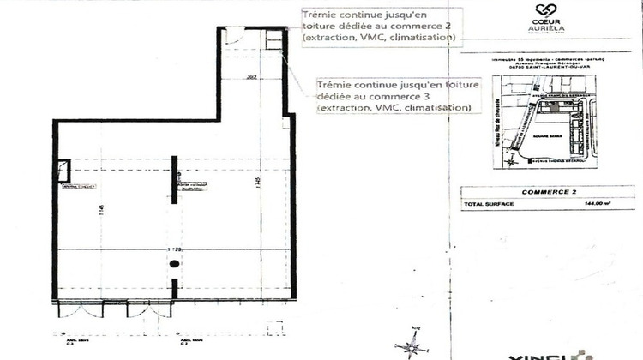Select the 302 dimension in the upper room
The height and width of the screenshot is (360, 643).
click(x=252, y=77)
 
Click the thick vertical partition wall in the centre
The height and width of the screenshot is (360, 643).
click(x=176, y=180)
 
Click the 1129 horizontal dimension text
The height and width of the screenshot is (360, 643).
click(x=174, y=249)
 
